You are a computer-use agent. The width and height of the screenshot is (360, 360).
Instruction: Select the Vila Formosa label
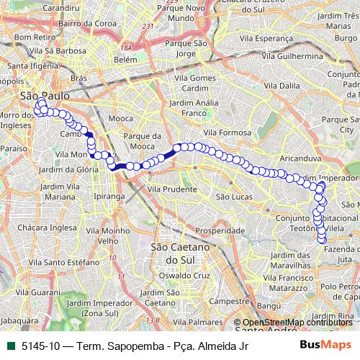pyautogui.click(x=228, y=133)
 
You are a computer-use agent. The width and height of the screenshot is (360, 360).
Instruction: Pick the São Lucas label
pyautogui.click(x=233, y=196)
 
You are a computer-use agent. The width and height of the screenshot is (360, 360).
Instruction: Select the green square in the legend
pyautogui.click(x=11, y=346)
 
